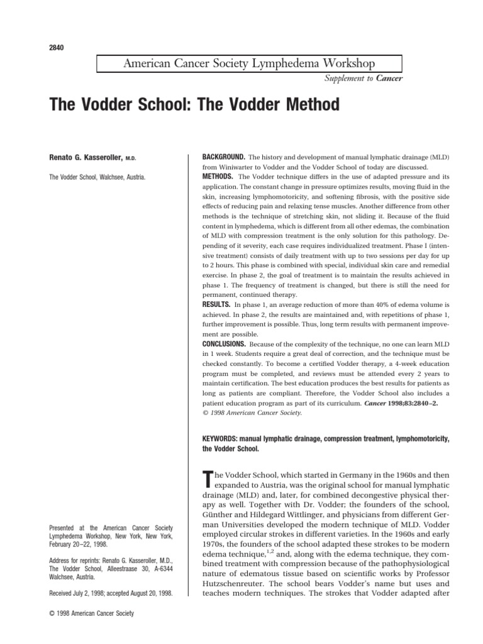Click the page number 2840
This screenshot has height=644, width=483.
pos(57,48)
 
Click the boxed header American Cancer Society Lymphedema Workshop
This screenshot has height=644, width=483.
pos(249,64)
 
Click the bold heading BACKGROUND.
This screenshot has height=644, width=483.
pos(223,155)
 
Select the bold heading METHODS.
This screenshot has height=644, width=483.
pos(217,177)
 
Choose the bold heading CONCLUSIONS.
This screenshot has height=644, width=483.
pos(224,345)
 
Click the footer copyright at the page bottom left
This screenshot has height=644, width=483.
pos(91,613)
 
